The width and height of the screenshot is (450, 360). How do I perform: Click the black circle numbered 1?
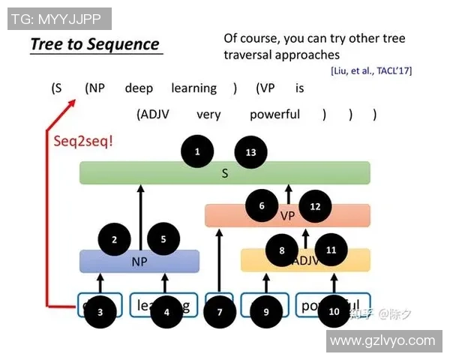click(197, 152)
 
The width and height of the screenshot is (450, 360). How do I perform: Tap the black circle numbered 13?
click(250, 152)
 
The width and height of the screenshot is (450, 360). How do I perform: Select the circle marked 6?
click(262, 206)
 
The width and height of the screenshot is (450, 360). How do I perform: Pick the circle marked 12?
click(315, 206)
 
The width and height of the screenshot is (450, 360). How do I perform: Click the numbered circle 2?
click(115, 240)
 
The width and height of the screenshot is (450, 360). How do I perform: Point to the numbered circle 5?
click(163, 240)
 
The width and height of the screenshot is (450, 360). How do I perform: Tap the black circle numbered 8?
click(282, 250)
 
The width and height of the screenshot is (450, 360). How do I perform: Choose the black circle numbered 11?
click(331, 250)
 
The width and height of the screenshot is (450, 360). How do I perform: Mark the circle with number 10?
click(334, 311)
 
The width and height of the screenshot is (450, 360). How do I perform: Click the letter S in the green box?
click(224, 174)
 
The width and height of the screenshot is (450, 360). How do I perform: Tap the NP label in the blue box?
click(139, 262)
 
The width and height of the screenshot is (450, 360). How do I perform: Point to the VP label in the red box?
click(288, 216)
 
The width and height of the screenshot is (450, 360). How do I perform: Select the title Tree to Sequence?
click(94, 44)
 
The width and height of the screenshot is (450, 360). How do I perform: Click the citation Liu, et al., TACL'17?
click(370, 70)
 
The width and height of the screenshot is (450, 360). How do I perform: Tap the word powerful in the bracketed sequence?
click(274, 115)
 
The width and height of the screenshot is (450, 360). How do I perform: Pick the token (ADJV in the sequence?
click(156, 115)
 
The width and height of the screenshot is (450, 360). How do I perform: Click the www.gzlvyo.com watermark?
click(382, 340)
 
